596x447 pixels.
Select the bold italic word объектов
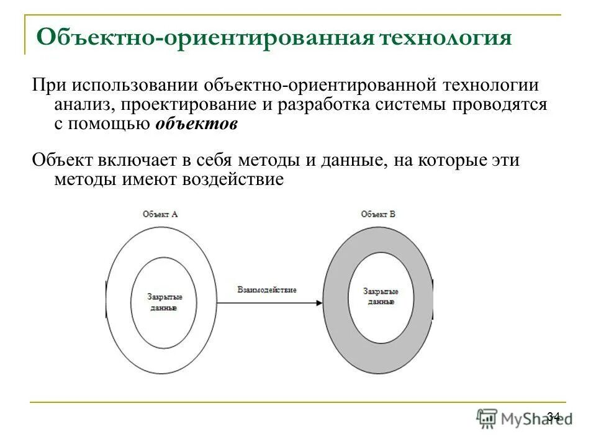point(196,124)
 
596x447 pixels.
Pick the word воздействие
point(233,180)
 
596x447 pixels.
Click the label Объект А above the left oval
point(160,214)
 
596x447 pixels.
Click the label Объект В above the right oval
point(378,214)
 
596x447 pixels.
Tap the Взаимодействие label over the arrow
point(267,290)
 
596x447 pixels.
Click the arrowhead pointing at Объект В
point(317,303)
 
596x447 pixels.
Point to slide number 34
point(554,416)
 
